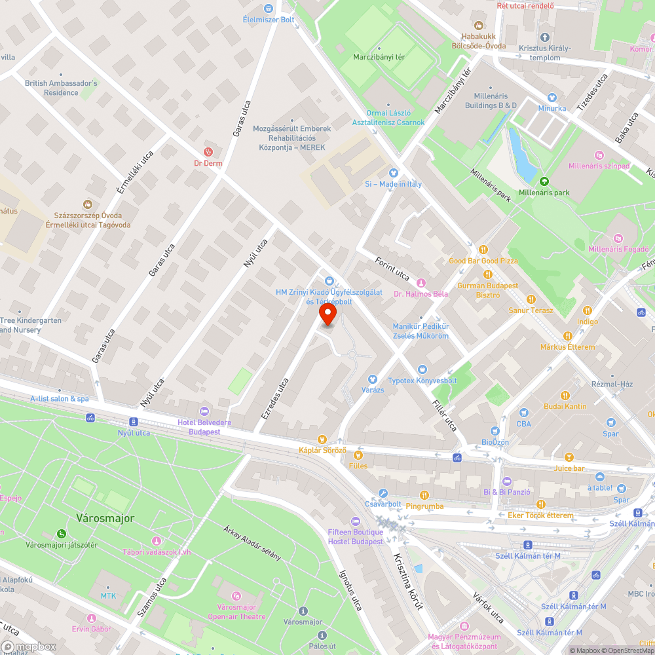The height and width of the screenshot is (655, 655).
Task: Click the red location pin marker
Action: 327,316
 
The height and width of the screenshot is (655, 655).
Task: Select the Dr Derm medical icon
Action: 208,151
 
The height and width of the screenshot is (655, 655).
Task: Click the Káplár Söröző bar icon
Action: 322,439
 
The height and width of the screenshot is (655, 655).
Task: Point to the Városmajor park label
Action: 105,518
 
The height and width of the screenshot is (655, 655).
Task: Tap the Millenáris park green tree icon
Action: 543,181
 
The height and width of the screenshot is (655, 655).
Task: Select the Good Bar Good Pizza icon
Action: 483,249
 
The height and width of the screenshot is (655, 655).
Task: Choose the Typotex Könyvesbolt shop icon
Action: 422,369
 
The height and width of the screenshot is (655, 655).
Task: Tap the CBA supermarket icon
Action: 523,413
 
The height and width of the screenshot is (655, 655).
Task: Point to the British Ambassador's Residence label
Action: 61,88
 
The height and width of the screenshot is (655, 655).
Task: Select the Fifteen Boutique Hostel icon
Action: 356,521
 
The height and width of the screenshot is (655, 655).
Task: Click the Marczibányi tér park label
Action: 379,57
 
